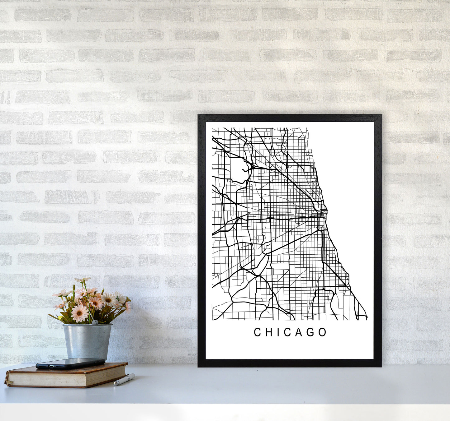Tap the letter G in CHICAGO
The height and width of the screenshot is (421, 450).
coord(311,332)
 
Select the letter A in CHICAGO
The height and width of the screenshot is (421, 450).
coord(300,332)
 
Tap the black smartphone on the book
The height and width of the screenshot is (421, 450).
coord(70,363)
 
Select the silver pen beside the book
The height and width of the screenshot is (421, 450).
coord(124,380)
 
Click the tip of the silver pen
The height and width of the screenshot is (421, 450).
coord(115,384)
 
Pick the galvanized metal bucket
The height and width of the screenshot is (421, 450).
coord(87,341)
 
